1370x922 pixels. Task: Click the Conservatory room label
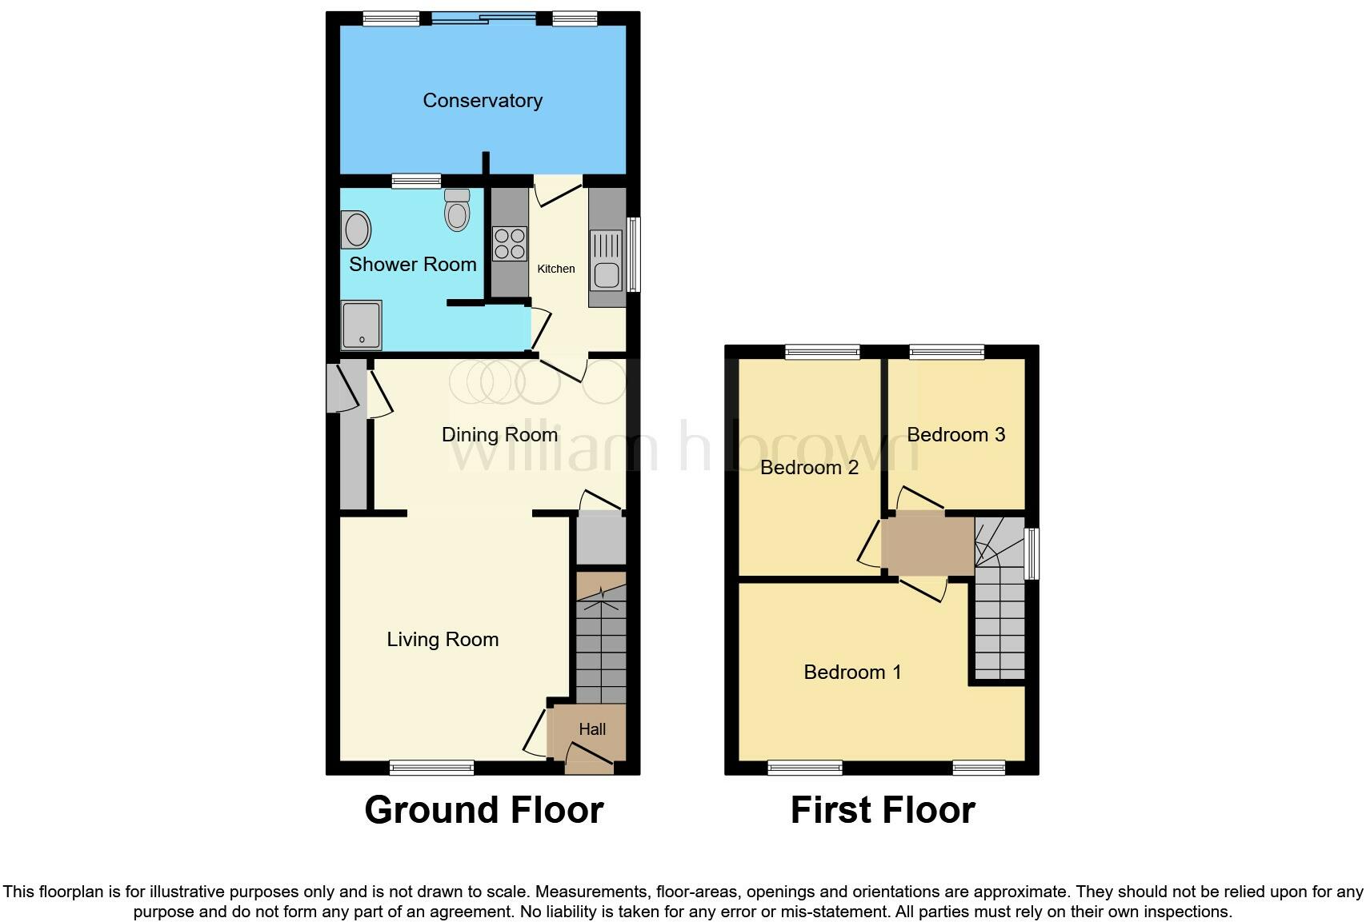(483, 101)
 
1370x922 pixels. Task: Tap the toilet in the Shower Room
(457, 210)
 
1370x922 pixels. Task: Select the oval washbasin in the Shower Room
(356, 230)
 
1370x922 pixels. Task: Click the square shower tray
(362, 325)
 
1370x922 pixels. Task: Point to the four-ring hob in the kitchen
(510, 244)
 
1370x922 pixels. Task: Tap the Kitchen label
(555, 269)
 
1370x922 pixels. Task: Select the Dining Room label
(499, 434)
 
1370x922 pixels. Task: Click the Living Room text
(443, 639)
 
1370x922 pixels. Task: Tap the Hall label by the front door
(592, 729)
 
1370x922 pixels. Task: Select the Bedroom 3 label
(955, 434)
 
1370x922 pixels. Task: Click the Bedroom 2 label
(809, 467)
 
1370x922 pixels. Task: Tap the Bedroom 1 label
(852, 672)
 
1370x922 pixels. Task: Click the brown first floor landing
(927, 546)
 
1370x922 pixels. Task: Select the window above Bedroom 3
(947, 351)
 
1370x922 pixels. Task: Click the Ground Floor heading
(483, 810)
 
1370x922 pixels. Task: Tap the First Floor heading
(882, 810)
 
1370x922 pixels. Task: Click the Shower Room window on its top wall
(416, 181)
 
